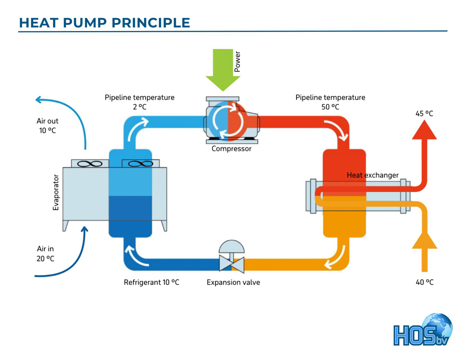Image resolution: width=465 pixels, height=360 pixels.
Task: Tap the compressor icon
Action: pos(231,121)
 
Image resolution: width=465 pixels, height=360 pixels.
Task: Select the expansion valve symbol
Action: pos(231,257)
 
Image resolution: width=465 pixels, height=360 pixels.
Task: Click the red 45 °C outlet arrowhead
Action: pos(424,130)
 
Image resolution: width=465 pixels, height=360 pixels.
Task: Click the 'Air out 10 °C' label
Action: pos(47,126)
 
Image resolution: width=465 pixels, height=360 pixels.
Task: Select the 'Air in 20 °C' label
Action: pos(45,253)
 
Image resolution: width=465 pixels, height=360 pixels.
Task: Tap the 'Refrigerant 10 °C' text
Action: pos(152,282)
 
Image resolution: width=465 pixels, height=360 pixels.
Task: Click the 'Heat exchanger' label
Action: pos(372,175)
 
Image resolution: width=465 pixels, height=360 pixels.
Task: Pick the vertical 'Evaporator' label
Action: pos(56,193)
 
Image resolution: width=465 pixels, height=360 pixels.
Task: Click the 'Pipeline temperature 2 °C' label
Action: pos(139,102)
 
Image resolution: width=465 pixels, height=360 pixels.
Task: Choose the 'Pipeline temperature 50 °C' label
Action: pos(330,102)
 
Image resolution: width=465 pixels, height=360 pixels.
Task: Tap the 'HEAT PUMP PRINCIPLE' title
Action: pos(105,22)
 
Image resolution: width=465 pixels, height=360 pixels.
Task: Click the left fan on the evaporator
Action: pos(90,164)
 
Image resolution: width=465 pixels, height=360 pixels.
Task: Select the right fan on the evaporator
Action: pos(140,164)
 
